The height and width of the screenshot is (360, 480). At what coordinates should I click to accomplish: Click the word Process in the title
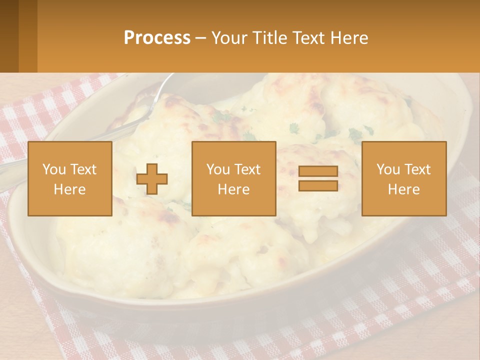click(x=157, y=38)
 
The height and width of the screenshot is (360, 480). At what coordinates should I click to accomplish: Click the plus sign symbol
click(x=152, y=179)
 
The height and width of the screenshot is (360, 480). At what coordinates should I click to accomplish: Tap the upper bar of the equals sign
click(x=318, y=171)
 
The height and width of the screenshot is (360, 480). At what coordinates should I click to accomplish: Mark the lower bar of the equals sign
click(x=318, y=185)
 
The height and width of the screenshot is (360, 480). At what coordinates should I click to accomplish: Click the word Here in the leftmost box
click(x=69, y=189)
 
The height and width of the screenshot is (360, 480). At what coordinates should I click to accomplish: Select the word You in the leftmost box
click(x=53, y=169)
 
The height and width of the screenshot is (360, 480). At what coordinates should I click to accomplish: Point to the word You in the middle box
click(x=217, y=169)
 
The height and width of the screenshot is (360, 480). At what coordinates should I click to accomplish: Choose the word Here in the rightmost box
click(x=403, y=189)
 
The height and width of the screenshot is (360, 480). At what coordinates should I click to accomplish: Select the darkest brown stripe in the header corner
click(x=9, y=36)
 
